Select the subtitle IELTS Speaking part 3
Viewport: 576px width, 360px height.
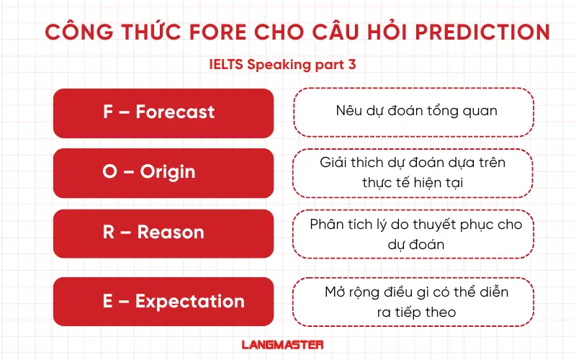[x=282, y=64]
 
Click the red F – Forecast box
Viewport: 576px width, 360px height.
[x=163, y=113]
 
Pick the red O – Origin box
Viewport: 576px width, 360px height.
[x=163, y=173]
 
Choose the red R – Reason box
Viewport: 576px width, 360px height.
[x=163, y=233]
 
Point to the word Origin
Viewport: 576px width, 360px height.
[x=167, y=173]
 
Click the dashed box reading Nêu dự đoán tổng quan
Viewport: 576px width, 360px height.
[x=413, y=112]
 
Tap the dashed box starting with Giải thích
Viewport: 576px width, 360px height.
[x=413, y=173]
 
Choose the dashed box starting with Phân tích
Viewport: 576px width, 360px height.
[x=413, y=233]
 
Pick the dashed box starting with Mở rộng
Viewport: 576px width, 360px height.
[x=413, y=302]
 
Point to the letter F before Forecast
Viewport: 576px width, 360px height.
[x=108, y=112]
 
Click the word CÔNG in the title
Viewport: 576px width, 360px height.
[x=73, y=32]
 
